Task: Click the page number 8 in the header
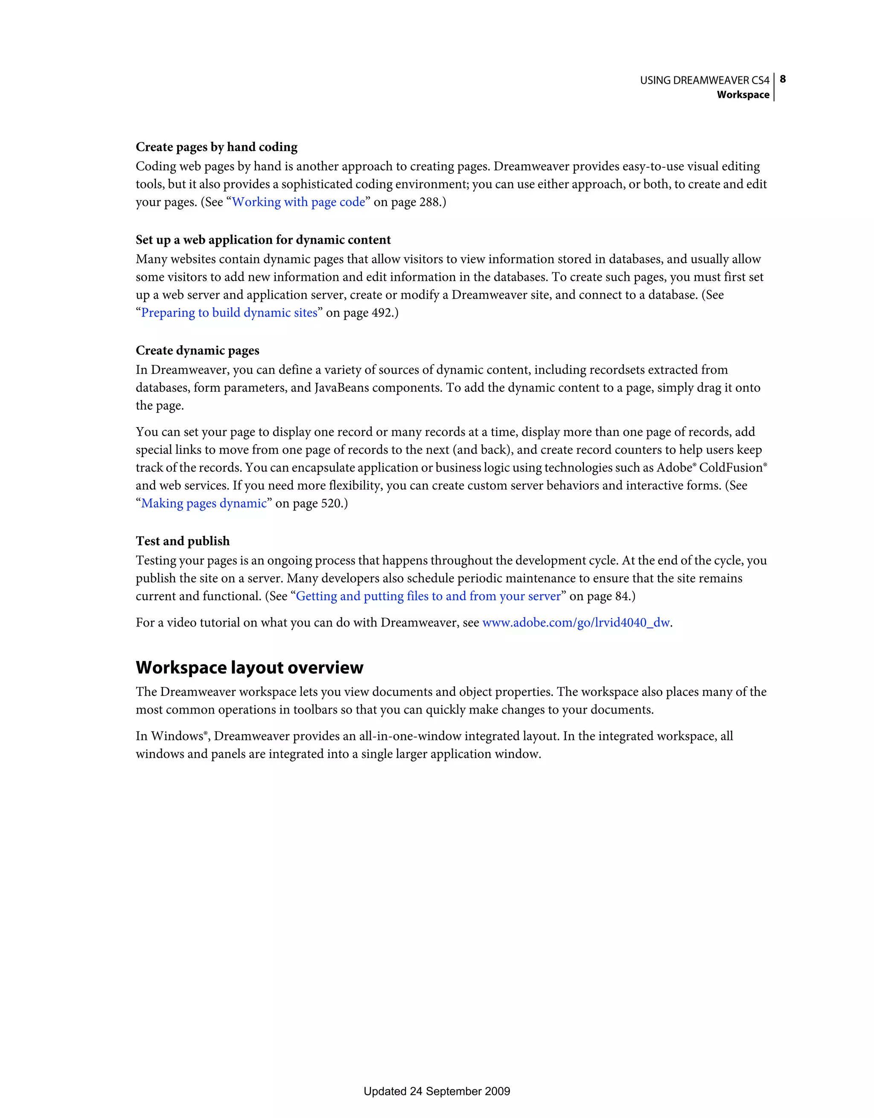pos(782,79)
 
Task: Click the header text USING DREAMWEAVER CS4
pos(704,80)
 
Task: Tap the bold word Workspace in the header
pos(743,95)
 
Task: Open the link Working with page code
pos(298,202)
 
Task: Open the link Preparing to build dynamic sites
pos(229,313)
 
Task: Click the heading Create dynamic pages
pos(197,350)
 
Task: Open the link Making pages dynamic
pos(204,503)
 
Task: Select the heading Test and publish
pos(183,541)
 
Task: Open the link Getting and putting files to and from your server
pos(428,597)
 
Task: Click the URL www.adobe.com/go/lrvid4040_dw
pos(576,623)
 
